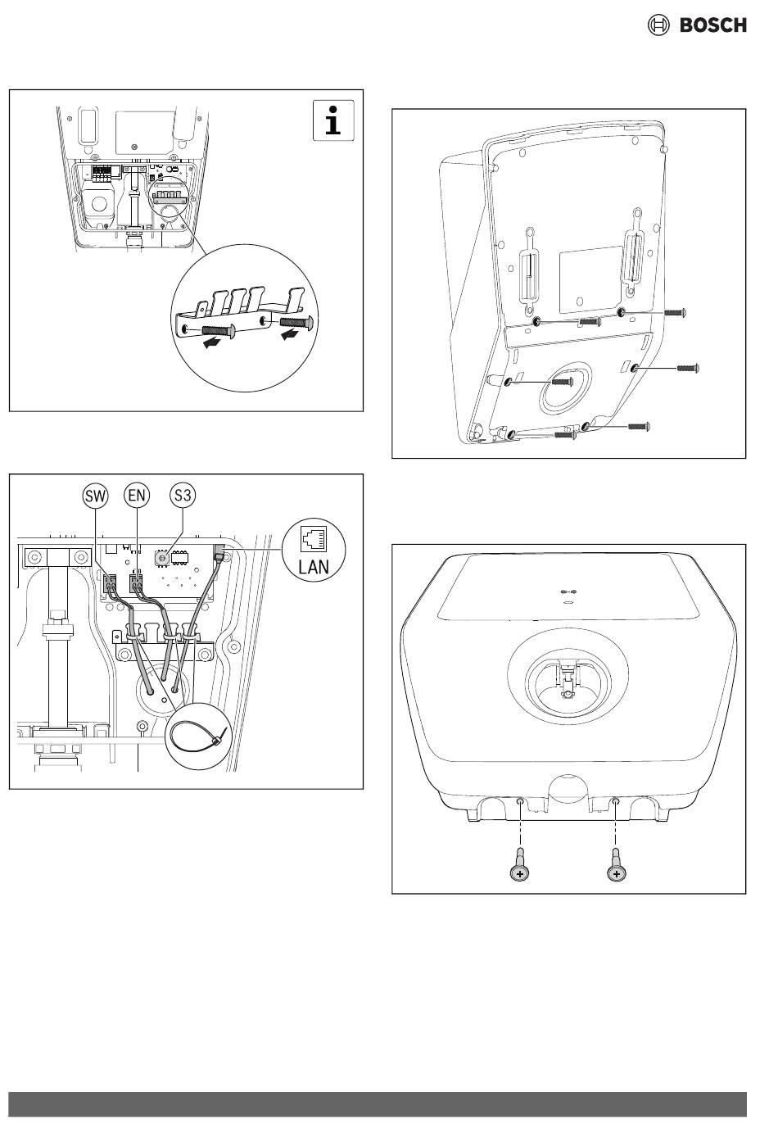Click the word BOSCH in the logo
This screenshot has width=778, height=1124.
click(712, 25)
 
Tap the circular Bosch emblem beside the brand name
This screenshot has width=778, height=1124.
click(658, 25)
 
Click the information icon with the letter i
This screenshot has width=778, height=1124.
click(333, 120)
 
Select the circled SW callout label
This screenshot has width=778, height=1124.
click(95, 496)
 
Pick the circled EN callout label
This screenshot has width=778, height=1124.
click(137, 496)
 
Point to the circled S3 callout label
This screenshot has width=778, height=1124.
click(183, 496)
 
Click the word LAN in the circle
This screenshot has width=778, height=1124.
click(314, 568)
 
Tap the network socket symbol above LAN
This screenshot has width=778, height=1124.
click(314, 538)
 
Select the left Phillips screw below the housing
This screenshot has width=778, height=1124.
click(520, 867)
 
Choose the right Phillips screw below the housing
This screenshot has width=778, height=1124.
click(617, 867)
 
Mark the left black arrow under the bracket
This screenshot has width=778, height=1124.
click(212, 342)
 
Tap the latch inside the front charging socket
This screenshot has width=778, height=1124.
click(568, 679)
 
